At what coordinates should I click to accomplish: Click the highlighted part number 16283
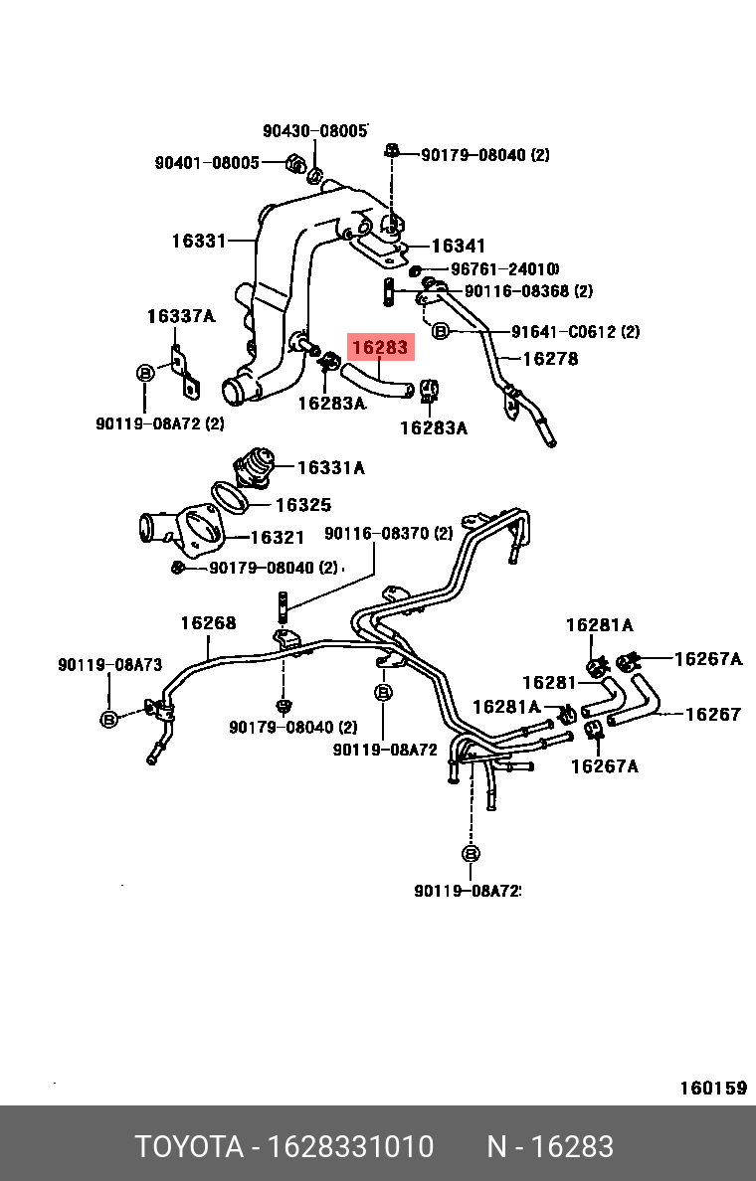tap(379, 348)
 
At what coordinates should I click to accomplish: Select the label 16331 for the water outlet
tap(200, 241)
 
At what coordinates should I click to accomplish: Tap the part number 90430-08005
tap(315, 131)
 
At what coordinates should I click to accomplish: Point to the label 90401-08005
tap(206, 163)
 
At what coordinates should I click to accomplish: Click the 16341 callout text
tap(459, 246)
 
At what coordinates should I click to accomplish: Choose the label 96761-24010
tap(504, 269)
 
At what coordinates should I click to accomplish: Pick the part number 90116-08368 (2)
tap(528, 291)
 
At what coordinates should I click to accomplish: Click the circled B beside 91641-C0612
tap(441, 331)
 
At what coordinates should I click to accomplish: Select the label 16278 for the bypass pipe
tap(550, 359)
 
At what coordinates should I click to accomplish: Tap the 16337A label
tap(180, 316)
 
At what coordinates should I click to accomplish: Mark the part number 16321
tap(277, 538)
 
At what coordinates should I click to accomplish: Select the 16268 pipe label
tap(208, 623)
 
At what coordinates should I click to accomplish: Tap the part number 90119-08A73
tap(109, 665)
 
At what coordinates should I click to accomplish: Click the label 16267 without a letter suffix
tap(713, 714)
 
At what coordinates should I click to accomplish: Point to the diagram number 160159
tap(712, 1088)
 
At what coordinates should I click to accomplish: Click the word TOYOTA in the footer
tap(189, 1147)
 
